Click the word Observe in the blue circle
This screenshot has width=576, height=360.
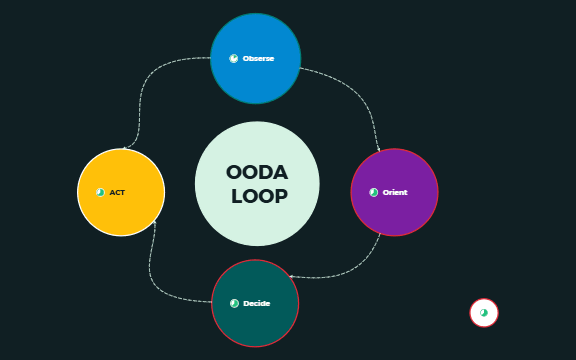(x=258, y=59)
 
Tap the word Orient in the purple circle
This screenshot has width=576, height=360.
(x=395, y=192)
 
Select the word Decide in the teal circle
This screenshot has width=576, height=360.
(x=257, y=303)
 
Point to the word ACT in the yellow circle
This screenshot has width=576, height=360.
(x=117, y=192)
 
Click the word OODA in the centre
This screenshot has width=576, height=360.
(x=257, y=172)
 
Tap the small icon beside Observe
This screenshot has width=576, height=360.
(x=234, y=59)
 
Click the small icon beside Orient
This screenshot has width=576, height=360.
(x=374, y=192)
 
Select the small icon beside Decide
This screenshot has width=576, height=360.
(x=235, y=303)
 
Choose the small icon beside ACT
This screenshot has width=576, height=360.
(x=100, y=192)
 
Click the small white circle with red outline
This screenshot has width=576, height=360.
(x=484, y=313)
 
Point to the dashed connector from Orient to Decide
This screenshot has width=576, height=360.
(x=350, y=269)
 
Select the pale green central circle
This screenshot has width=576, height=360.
(x=257, y=225)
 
